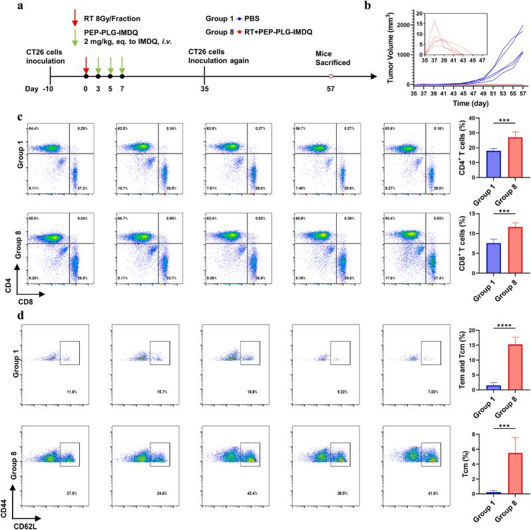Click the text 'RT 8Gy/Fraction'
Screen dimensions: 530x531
tap(116, 9)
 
